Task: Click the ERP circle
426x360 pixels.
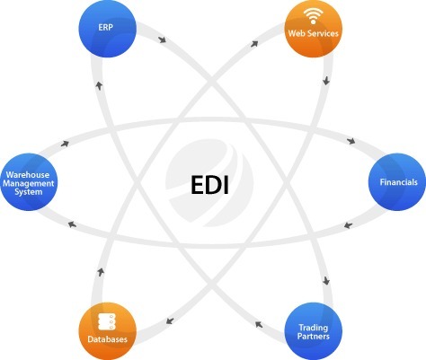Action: pos(108,29)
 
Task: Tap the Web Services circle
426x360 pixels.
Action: pos(313,29)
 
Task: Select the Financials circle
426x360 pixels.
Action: pos(397,182)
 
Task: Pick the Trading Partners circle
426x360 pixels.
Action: pos(313,331)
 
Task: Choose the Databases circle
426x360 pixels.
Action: pos(108,331)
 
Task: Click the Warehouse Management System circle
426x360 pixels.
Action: pos(29,182)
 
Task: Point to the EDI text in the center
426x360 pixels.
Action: pos(209,185)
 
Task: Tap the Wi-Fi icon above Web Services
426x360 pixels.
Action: pos(313,15)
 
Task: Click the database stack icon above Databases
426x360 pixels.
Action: pos(107,322)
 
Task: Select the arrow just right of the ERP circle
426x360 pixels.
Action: pos(163,40)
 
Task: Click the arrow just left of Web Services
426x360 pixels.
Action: pos(254,44)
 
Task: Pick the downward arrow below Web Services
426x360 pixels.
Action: pos(326,81)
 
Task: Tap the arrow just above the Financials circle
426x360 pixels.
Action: pos(351,141)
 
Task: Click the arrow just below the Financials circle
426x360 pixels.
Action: pos(348,225)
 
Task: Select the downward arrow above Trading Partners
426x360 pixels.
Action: pos(326,281)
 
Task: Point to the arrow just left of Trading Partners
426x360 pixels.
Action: pos(259,324)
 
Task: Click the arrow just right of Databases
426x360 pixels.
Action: pos(170,321)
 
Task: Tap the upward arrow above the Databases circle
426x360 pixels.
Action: pos(101,272)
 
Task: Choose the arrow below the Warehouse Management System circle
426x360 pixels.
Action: pos(72,224)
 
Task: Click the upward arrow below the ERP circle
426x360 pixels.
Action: pos(99,85)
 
